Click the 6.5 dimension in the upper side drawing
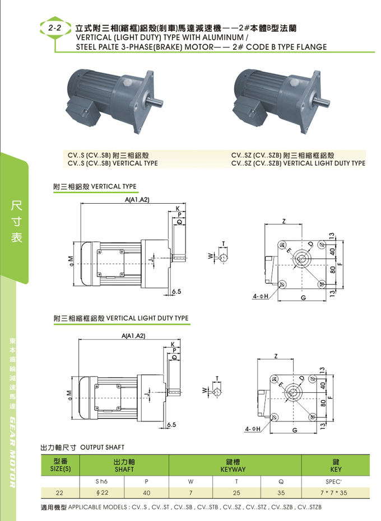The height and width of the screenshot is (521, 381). click(x=177, y=292)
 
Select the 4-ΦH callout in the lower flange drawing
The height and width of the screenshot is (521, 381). click(x=253, y=429)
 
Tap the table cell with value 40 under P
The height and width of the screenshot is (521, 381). click(x=147, y=493)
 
